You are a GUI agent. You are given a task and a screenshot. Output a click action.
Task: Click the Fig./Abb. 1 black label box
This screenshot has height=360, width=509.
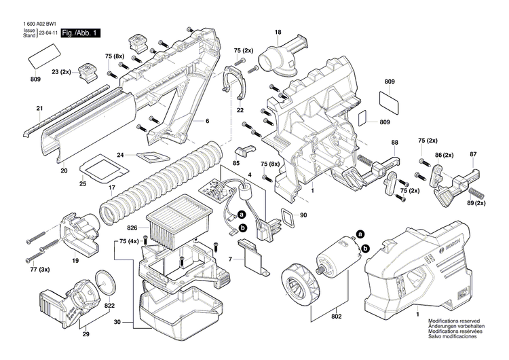pos(81,33)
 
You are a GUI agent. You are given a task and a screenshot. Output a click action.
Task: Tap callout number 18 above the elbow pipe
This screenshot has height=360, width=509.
pos(278,33)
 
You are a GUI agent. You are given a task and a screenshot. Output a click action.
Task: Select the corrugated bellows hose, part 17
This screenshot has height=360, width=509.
pos(163,180)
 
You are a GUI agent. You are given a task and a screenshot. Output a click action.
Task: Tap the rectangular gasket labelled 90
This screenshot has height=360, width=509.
pos(288,217)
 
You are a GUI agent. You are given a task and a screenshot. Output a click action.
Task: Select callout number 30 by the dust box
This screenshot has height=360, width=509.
pos(117,322)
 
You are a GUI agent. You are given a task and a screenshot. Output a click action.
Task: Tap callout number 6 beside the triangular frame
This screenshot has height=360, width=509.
pos(207,121)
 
